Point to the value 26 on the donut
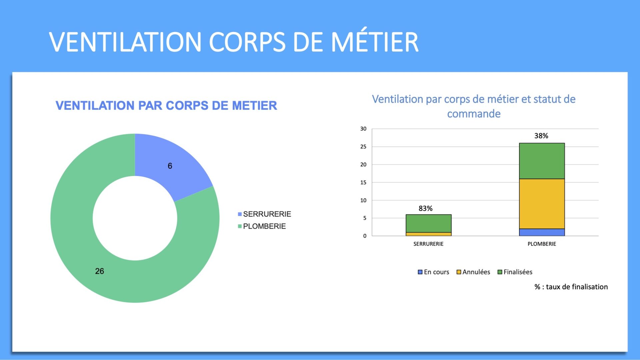click(x=99, y=271)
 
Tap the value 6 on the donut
click(x=170, y=166)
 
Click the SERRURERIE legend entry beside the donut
click(x=264, y=214)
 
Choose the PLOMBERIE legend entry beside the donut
click(x=262, y=226)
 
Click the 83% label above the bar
click(x=425, y=208)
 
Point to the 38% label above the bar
click(x=541, y=136)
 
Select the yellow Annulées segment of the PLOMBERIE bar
click(x=542, y=204)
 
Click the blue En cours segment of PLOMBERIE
click(x=542, y=232)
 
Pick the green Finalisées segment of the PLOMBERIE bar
click(x=542, y=161)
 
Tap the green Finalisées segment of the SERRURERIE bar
click(x=428, y=223)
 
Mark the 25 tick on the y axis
click(x=363, y=147)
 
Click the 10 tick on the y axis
click(x=363, y=200)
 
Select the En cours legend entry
click(x=433, y=272)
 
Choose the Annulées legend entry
click(x=473, y=272)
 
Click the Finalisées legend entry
click(x=515, y=272)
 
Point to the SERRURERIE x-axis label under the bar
click(x=428, y=244)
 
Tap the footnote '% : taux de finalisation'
click(x=571, y=287)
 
